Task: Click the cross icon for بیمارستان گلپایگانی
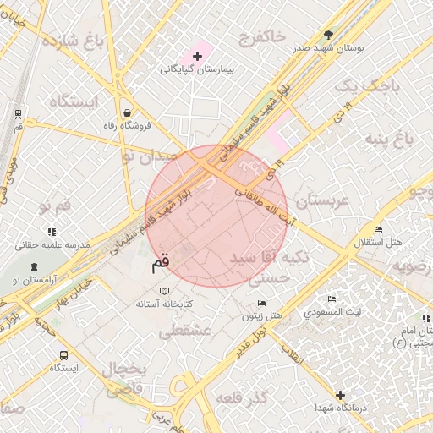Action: click(x=198, y=57)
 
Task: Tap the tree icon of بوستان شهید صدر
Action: click(x=328, y=35)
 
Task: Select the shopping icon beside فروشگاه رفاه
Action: click(x=126, y=112)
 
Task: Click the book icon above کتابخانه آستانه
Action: click(x=164, y=291)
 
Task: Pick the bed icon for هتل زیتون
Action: click(x=261, y=304)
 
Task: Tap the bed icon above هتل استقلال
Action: click(x=378, y=230)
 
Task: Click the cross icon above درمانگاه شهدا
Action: click(x=340, y=395)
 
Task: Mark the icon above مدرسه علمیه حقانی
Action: click(x=52, y=231)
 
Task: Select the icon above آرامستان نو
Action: click(x=35, y=266)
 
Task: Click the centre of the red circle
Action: click(x=216, y=216)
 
